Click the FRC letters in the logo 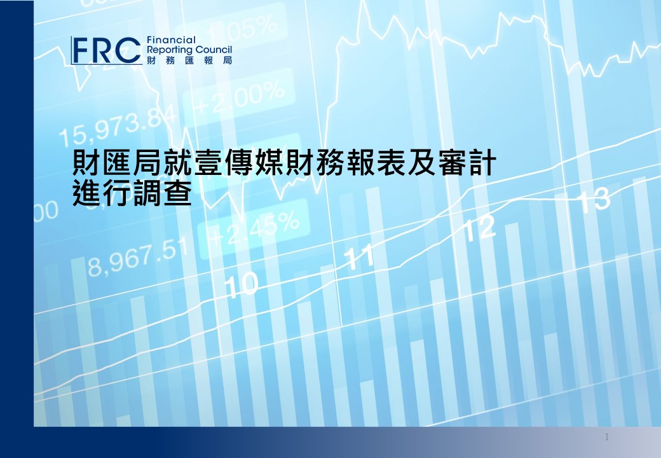pos(106,50)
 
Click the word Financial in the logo pos(171,40)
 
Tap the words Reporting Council pos(189,50)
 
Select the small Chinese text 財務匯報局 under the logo pos(189,60)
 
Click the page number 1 pos(606,437)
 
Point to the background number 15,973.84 pos(118,126)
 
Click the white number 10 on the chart pos(241,284)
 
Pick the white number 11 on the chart pos(358,257)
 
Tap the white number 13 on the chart pos(594,200)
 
